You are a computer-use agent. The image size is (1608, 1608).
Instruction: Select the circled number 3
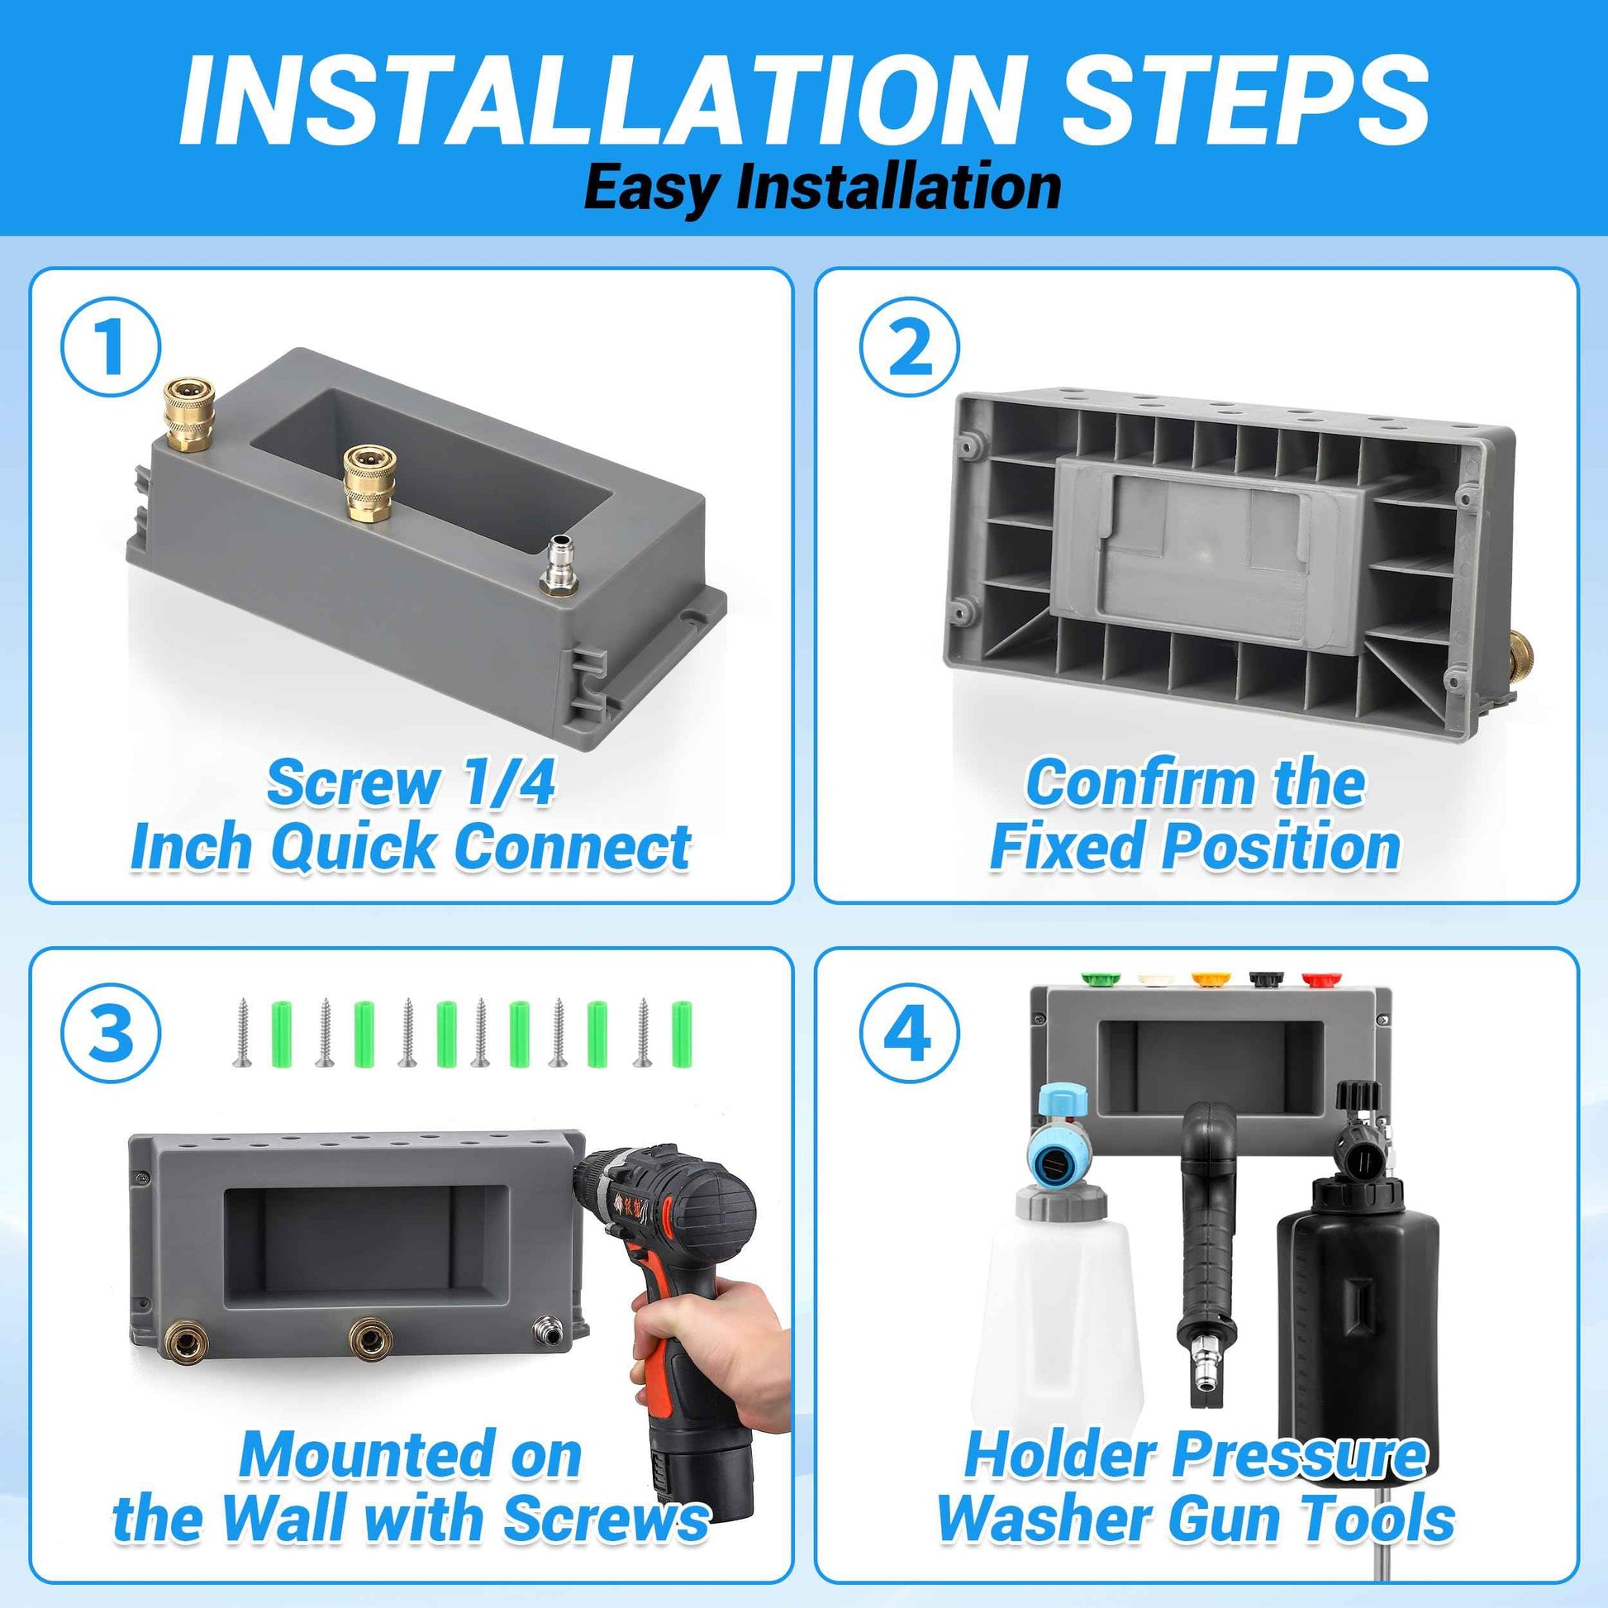click(110, 1032)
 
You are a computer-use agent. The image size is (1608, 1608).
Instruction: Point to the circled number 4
click(909, 1032)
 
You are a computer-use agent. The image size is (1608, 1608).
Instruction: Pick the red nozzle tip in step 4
click(1316, 978)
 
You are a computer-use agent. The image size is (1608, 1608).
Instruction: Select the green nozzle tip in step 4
click(1100, 978)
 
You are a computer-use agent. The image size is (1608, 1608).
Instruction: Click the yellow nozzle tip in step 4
click(1208, 978)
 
